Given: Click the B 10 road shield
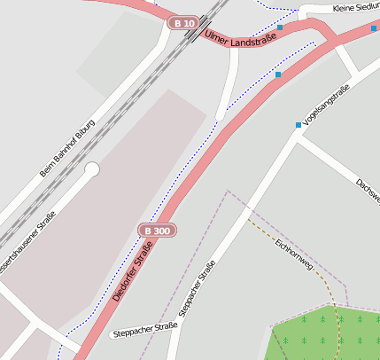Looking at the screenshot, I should click(x=183, y=22).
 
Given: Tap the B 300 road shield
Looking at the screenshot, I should click(x=157, y=231).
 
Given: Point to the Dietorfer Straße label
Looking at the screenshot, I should click(x=133, y=270).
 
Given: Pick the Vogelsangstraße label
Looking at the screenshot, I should click(x=327, y=104).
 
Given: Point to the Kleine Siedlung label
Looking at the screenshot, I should click(x=355, y=7).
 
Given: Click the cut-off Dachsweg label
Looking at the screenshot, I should click(x=368, y=191).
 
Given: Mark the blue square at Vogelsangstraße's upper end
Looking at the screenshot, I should click(x=299, y=125).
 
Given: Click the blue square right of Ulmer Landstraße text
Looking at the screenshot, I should click(x=280, y=27).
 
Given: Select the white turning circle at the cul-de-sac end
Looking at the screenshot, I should click(x=92, y=168).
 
